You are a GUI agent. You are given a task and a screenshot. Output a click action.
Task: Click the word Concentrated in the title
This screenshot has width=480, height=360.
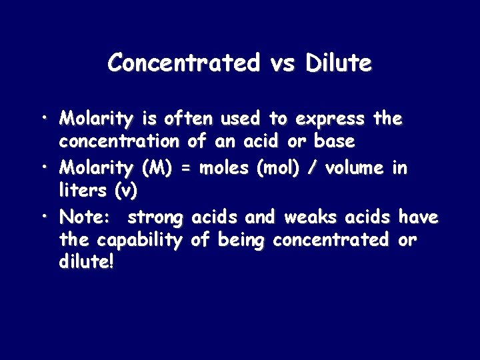click(x=183, y=63)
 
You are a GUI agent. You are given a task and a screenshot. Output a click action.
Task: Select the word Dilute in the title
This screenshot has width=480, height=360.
click(x=339, y=63)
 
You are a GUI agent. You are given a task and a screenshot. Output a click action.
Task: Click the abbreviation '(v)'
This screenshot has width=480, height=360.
click(x=125, y=191)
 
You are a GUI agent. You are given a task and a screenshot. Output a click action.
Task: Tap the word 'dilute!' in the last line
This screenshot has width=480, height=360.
click(x=87, y=263)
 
